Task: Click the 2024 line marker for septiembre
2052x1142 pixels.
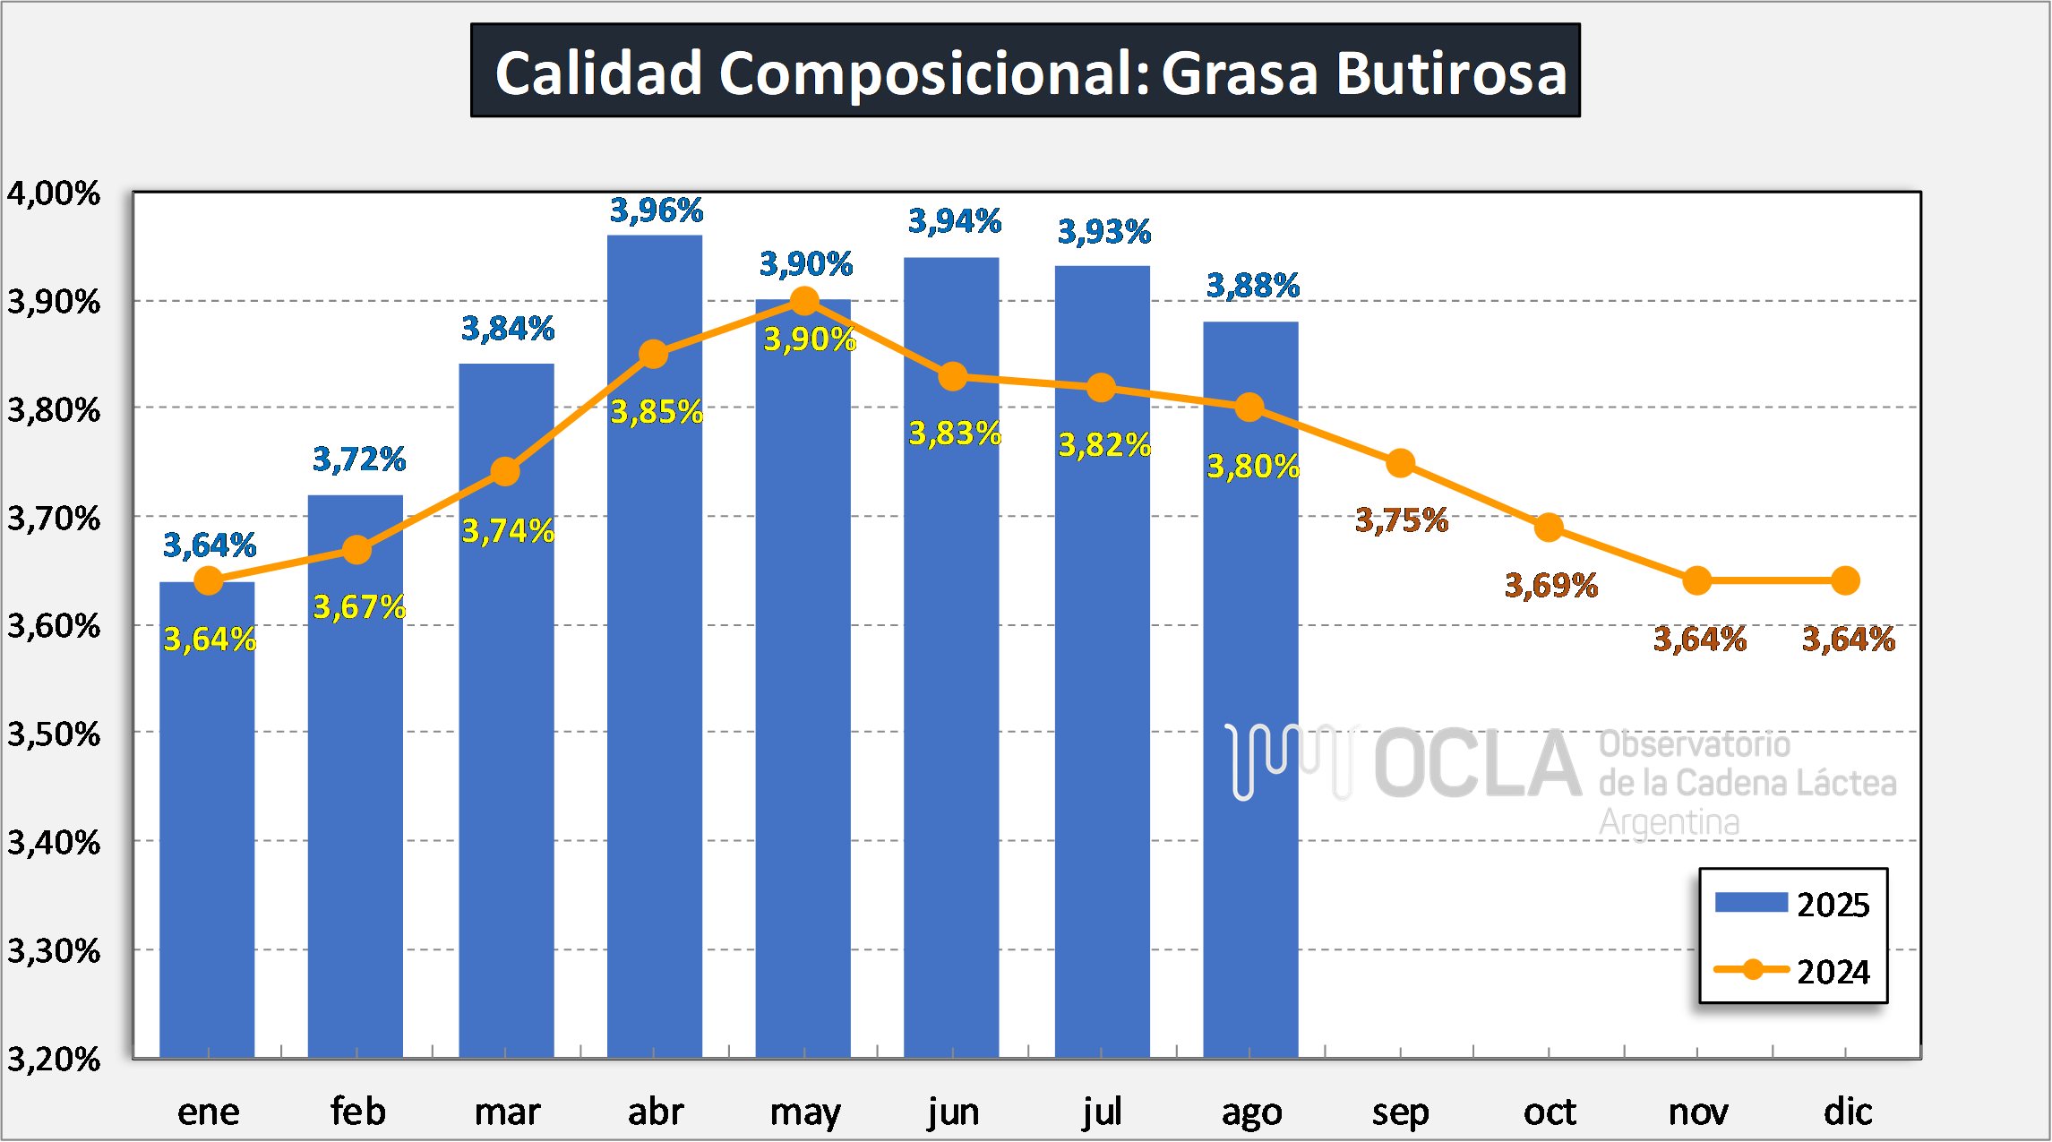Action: tap(1400, 463)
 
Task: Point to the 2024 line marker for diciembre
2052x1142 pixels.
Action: tap(1845, 580)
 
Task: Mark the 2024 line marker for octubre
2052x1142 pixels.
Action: tap(1549, 528)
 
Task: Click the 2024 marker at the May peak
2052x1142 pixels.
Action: tap(804, 301)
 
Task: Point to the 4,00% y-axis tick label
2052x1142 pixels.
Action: tap(54, 193)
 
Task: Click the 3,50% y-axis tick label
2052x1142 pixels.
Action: tap(54, 734)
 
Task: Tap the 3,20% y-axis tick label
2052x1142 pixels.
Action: tap(54, 1059)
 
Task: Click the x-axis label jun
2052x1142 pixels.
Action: tap(953, 1112)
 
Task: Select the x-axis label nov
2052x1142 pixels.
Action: tap(1697, 1112)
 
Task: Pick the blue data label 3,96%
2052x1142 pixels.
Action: tap(657, 210)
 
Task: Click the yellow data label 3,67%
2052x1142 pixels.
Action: tap(359, 607)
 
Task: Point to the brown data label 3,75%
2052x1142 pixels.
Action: tap(1402, 519)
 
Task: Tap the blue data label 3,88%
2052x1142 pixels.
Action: tap(1252, 286)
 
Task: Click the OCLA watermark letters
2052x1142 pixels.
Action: tap(1478, 764)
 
